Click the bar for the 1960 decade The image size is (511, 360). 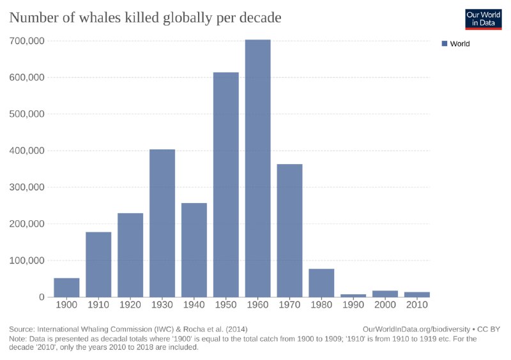point(257,169)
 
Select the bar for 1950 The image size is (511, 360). point(225,184)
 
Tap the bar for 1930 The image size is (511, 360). point(162,223)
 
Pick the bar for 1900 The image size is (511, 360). point(66,287)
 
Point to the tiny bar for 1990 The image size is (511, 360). point(353,296)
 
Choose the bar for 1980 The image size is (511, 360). point(321,283)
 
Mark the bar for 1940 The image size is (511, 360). point(194,250)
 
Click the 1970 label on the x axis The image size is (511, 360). point(289,305)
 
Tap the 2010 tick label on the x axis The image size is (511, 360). point(417,305)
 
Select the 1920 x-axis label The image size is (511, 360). point(130,305)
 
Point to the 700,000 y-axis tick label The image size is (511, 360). point(27,41)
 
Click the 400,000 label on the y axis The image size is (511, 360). point(27,151)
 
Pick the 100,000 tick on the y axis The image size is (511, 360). point(27,260)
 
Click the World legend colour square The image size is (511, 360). point(445,44)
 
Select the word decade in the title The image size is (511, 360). point(258,18)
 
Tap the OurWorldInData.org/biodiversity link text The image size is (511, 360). point(415,329)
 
